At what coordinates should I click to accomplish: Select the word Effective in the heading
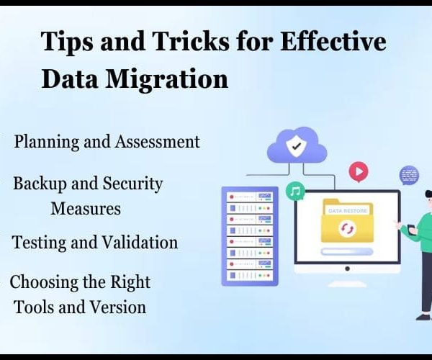pos(333,41)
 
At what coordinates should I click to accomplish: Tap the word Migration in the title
pos(167,79)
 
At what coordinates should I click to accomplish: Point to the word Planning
pos(47,143)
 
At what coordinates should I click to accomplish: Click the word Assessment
pos(157,142)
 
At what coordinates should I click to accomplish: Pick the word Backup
pos(40,184)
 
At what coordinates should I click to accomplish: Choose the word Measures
pos(86,208)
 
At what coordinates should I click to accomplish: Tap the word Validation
pos(140,243)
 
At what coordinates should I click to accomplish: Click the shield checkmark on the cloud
pos(297,146)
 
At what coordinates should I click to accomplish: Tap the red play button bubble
pos(359,172)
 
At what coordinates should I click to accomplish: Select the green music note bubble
pos(295,191)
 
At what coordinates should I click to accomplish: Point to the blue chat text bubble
pos(410,175)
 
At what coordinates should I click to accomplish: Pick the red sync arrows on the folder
pos(347,228)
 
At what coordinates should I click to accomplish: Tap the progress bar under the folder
pos(347,251)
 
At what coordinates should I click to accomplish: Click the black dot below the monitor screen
pos(347,269)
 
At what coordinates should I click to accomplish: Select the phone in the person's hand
pos(411,230)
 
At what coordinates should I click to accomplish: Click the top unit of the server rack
pos(250,197)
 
